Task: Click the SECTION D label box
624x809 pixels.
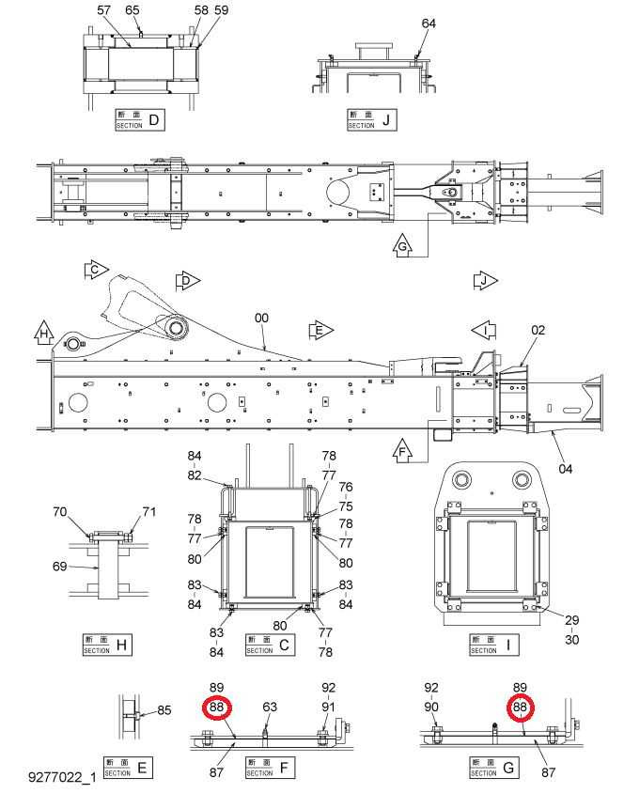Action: tap(140, 120)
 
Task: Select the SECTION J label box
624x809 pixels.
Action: tap(371, 120)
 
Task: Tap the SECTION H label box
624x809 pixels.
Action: tap(107, 645)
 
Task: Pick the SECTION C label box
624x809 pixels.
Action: tap(270, 645)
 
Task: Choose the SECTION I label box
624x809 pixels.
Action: tap(494, 645)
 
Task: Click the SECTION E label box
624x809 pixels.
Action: tap(128, 768)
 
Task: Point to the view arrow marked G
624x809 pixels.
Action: tap(402, 245)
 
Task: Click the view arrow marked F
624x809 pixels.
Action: tap(402, 451)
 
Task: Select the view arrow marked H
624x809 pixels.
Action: tap(44, 333)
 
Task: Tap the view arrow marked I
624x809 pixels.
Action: tap(484, 330)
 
